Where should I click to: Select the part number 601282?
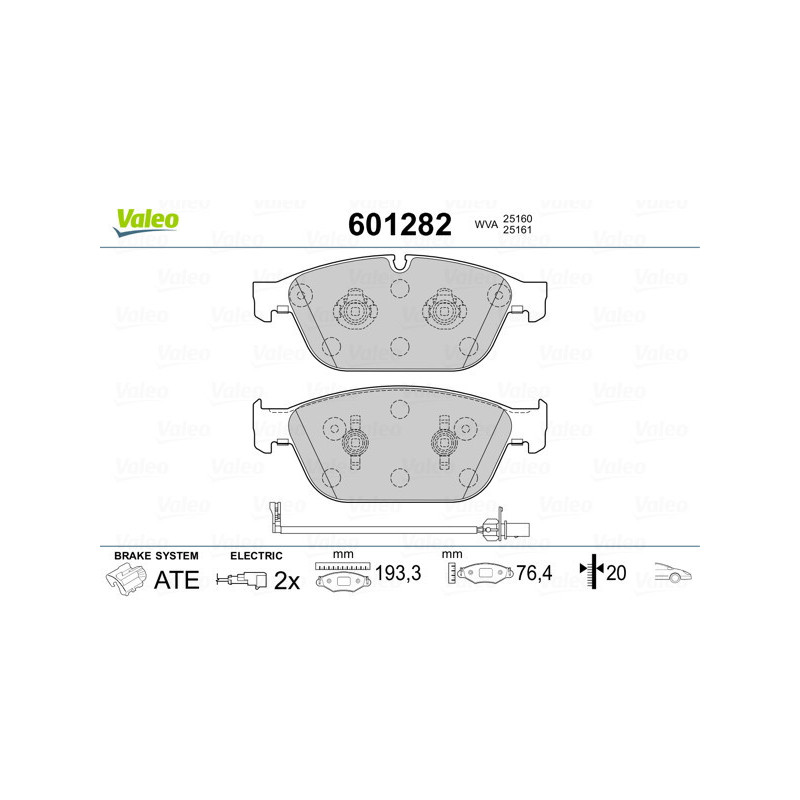coord(399,225)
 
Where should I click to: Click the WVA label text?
coord(485,226)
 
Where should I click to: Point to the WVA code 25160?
coord(518,218)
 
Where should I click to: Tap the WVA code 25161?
coord(518,232)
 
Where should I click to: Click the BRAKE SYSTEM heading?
coord(156,555)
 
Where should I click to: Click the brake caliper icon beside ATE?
coord(125,578)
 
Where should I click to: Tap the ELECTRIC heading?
coord(257,555)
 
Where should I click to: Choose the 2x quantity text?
coord(287,580)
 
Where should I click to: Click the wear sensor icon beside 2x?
coord(242,580)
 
